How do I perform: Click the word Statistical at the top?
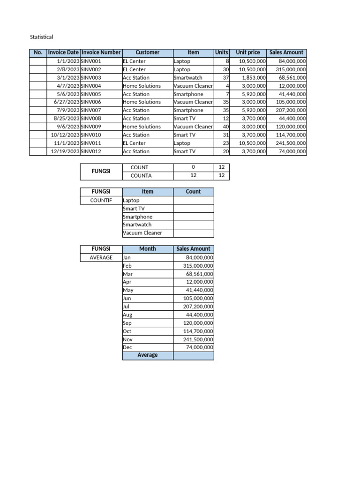click(42, 37)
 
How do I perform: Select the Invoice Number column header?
click(101, 52)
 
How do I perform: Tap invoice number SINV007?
click(91, 110)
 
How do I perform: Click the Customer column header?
click(147, 52)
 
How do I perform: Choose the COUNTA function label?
click(142, 176)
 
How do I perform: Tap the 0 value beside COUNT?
click(193, 167)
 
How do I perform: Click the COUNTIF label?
click(101, 200)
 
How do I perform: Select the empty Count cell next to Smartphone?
click(193, 217)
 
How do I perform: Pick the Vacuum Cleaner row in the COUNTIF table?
click(142, 233)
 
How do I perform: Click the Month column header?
click(147, 249)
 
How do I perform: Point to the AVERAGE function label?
click(101, 257)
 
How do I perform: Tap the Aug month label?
click(127, 315)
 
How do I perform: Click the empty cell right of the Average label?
click(193, 355)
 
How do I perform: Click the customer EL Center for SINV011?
click(134, 143)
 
